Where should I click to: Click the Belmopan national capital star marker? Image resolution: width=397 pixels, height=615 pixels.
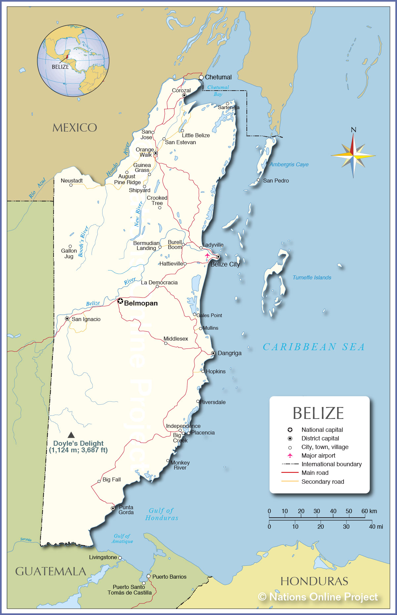click(120, 301)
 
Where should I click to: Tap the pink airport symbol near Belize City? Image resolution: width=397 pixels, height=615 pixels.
click(207, 255)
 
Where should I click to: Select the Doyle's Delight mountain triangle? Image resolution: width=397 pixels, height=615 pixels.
click(71, 435)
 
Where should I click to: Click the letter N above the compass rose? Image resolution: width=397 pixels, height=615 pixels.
click(353, 130)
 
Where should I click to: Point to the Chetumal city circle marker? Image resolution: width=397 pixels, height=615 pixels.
click(201, 77)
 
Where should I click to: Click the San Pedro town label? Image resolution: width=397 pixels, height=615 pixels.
click(276, 181)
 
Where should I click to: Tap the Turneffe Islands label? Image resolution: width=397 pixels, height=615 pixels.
click(312, 277)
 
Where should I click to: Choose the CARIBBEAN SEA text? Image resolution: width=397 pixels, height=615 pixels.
click(314, 347)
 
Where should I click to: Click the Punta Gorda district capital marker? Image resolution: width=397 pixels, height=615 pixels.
click(113, 508)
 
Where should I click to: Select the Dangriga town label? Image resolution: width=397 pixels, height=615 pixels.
click(230, 353)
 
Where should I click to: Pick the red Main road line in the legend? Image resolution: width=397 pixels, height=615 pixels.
click(290, 473)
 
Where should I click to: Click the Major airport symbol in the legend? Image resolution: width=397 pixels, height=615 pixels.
click(290, 455)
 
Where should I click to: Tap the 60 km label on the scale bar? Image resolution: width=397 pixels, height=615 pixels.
click(369, 511)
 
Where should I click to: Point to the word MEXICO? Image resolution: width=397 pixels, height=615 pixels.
click(75, 128)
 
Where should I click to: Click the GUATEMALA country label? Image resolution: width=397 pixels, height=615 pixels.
click(51, 571)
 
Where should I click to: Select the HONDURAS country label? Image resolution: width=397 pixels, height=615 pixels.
click(314, 581)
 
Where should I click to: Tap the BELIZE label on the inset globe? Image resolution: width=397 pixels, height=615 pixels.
click(60, 67)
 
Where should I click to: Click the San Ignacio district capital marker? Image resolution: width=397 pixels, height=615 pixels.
click(67, 319)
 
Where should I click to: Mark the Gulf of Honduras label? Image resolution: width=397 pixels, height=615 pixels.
click(161, 514)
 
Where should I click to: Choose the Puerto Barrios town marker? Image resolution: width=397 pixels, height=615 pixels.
click(149, 576)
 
